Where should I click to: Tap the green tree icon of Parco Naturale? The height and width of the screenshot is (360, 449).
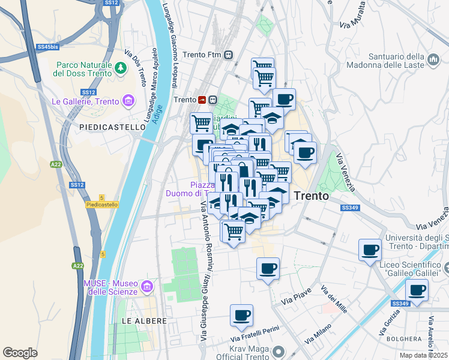pyautogui.click(x=122, y=68)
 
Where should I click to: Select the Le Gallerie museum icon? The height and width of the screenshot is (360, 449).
pyautogui.click(x=128, y=101)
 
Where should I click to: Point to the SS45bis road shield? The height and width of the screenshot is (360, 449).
pyautogui.click(x=47, y=46)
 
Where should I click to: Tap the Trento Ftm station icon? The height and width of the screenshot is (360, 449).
pyautogui.click(x=229, y=55)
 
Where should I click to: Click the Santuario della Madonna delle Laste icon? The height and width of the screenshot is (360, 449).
pyautogui.click(x=433, y=60)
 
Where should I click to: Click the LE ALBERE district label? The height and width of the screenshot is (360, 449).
pyautogui.click(x=144, y=321)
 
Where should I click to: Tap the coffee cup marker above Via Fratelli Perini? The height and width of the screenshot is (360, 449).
pyautogui.click(x=241, y=315)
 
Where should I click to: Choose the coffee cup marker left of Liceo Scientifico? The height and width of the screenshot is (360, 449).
pyautogui.click(x=370, y=249)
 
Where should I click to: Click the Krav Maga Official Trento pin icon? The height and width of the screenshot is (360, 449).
pyautogui.click(x=277, y=350)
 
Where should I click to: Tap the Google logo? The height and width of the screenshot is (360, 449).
pyautogui.click(x=20, y=353)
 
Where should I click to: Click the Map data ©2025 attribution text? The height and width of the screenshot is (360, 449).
pyautogui.click(x=424, y=355)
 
